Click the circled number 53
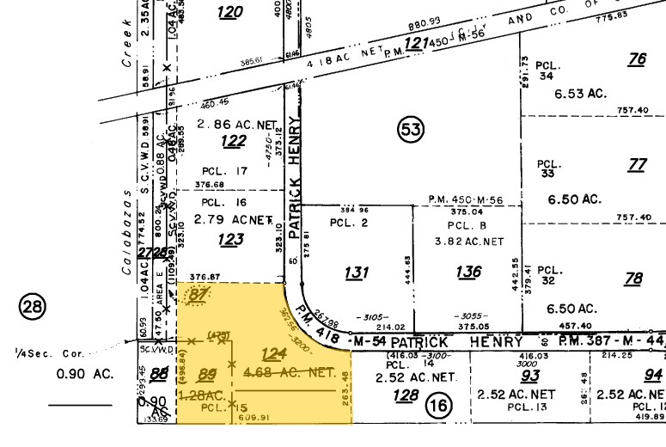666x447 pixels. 412,130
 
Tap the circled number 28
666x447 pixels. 33,307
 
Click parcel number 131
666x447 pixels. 357,272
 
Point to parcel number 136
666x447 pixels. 468,272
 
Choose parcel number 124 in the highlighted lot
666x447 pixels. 273,353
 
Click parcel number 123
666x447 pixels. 230,240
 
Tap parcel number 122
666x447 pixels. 234,141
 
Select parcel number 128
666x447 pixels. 405,397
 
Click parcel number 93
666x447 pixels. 530,375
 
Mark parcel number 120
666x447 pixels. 230,12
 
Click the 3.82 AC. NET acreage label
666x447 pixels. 468,242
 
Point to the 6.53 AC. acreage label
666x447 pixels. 584,93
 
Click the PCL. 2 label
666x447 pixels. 348,222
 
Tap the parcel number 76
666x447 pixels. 637,59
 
